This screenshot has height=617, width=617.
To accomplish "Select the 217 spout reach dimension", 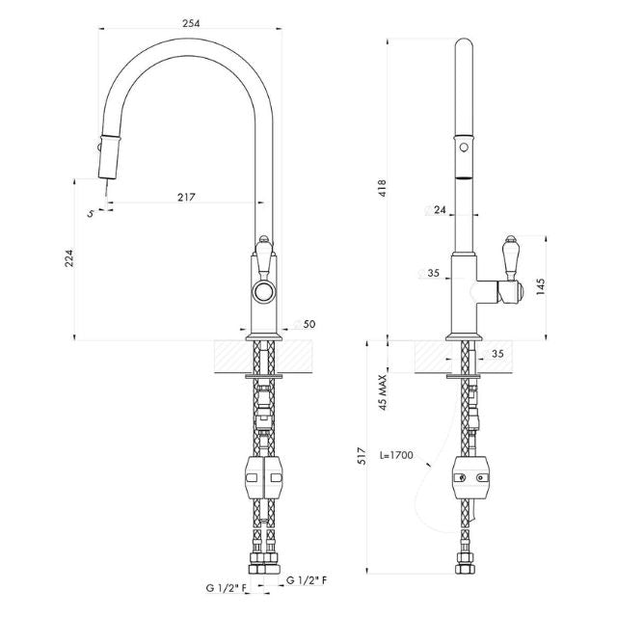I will coord(187,197).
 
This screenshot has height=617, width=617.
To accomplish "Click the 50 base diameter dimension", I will coord(308,324).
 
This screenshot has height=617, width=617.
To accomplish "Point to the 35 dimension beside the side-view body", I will coord(433,274).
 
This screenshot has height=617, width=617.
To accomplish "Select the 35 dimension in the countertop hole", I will coord(497,354).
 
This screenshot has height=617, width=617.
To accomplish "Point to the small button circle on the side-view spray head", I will coord(464,148).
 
